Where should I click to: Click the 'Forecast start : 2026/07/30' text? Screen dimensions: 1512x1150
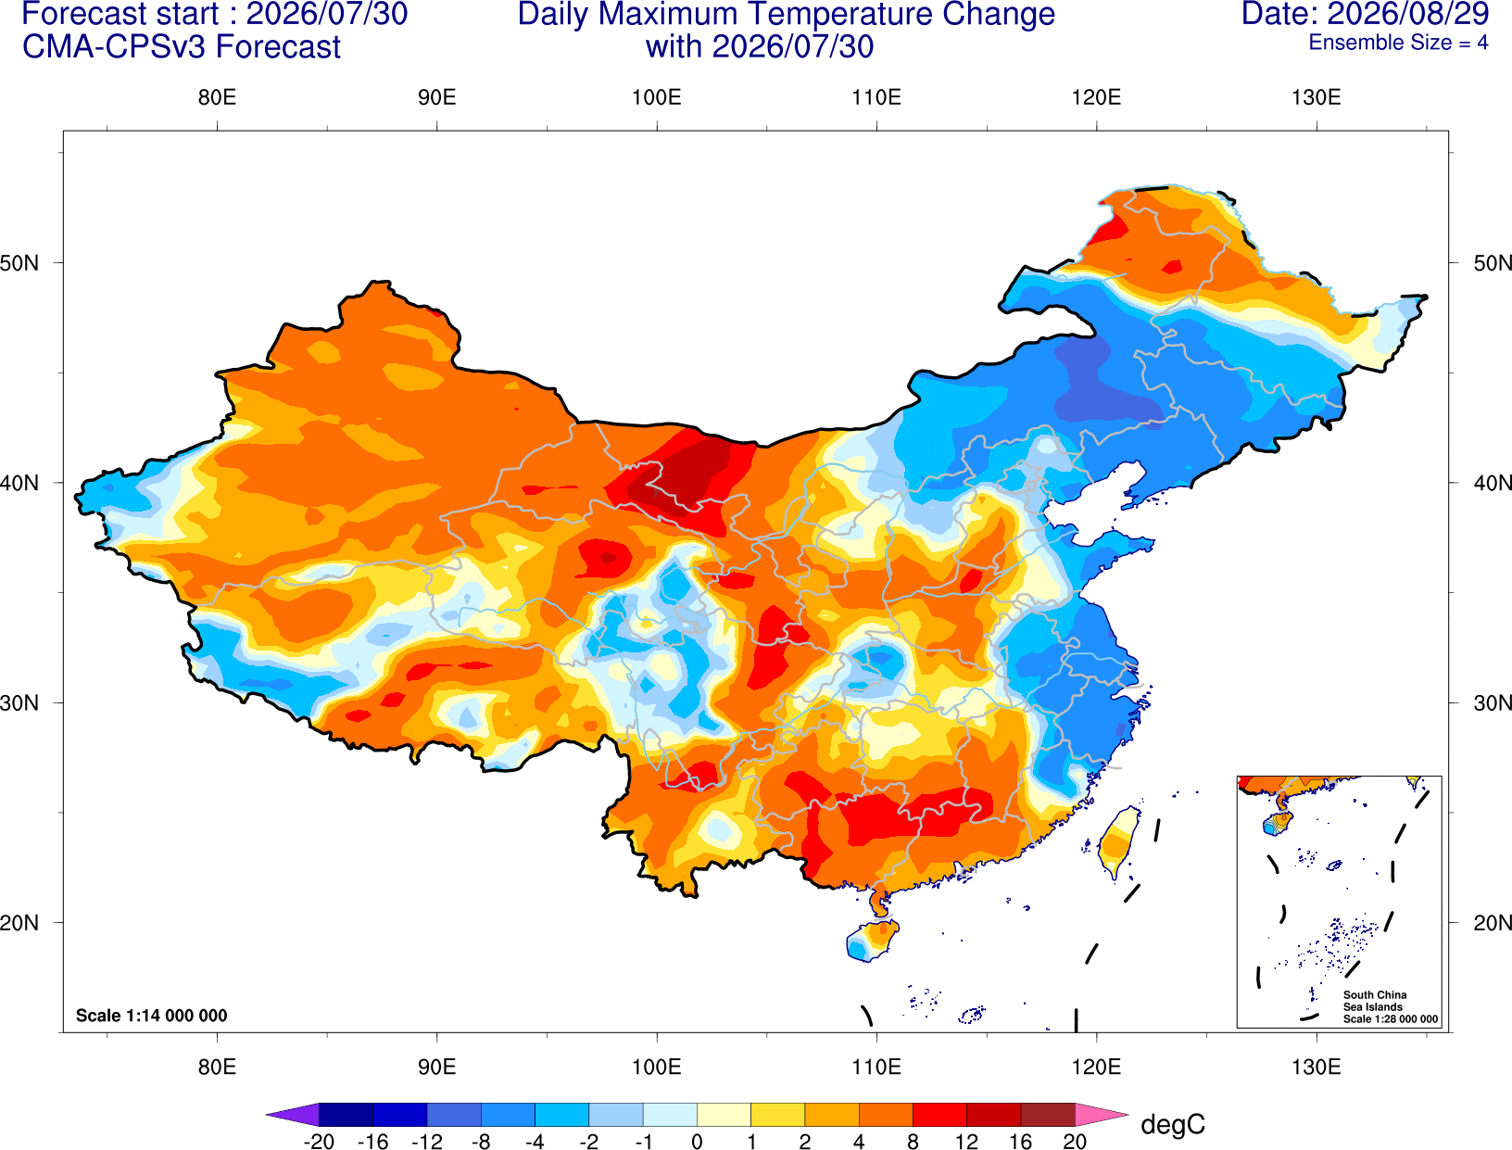[215, 13]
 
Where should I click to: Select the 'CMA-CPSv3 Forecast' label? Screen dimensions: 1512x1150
[182, 47]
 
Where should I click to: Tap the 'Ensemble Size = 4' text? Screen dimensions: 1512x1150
[1398, 43]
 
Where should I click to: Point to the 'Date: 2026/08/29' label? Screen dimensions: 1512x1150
[1366, 13]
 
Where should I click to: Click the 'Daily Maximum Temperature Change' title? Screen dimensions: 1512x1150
[786, 14]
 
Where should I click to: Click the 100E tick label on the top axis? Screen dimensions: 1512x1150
[657, 97]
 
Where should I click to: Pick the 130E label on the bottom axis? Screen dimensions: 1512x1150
[1317, 1067]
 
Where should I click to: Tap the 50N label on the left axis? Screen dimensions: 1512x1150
[19, 262]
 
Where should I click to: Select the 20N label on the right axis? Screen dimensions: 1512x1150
[1492, 923]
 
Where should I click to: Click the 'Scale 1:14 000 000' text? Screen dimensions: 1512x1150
[152, 1015]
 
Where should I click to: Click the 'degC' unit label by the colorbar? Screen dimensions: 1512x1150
[1172, 1125]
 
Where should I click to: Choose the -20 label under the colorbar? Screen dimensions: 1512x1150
[319, 1142]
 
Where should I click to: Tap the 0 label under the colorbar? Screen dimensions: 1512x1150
[697, 1142]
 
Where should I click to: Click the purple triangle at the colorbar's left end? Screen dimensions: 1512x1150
[293, 1114]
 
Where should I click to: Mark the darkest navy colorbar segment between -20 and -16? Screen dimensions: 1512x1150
[346, 1114]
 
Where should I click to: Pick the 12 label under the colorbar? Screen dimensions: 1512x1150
[966, 1142]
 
